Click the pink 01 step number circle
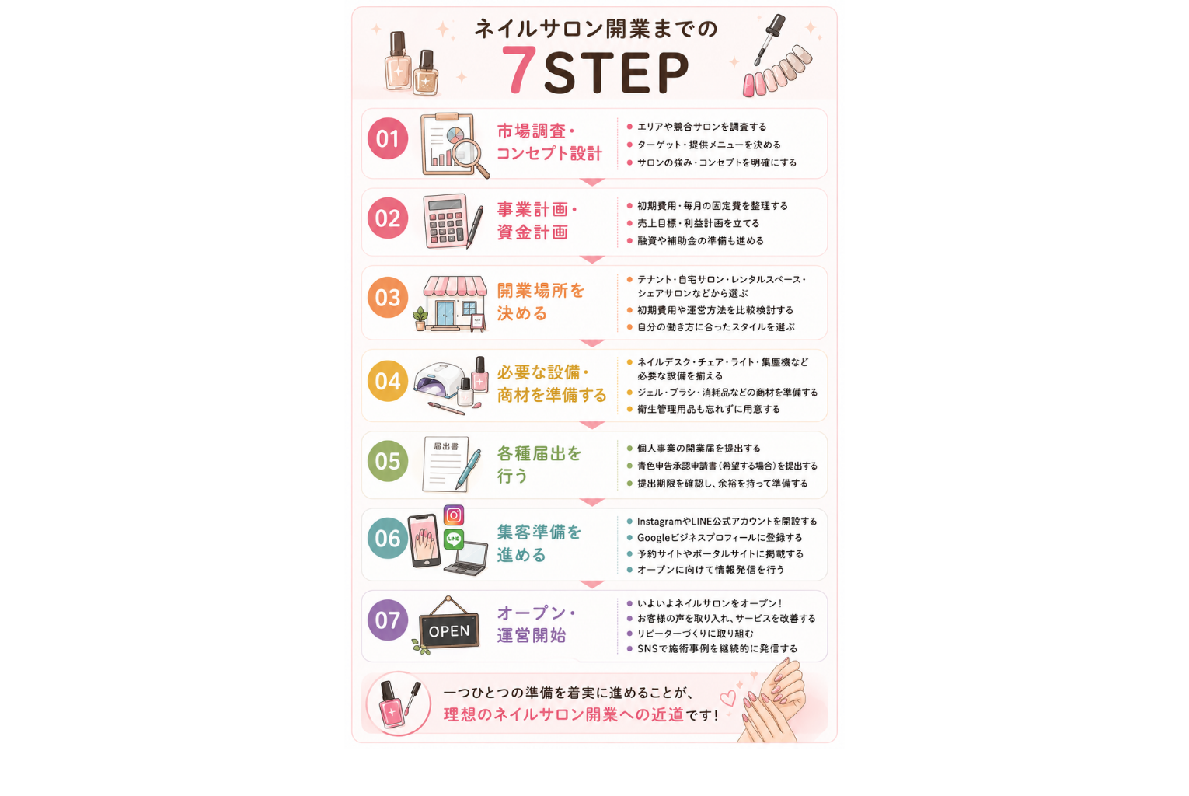[388, 138]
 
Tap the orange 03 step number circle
[388, 298]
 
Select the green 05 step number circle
[388, 461]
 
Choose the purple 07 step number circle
[388, 620]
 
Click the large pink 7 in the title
[518, 69]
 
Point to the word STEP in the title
[615, 72]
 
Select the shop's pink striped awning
[455, 286]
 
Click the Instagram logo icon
[453, 515]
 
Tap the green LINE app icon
[453, 539]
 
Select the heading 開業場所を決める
[540, 302]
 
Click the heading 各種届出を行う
[539, 465]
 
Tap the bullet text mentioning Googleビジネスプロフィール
[720, 537]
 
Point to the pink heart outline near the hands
[727, 698]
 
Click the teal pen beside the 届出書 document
[468, 470]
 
